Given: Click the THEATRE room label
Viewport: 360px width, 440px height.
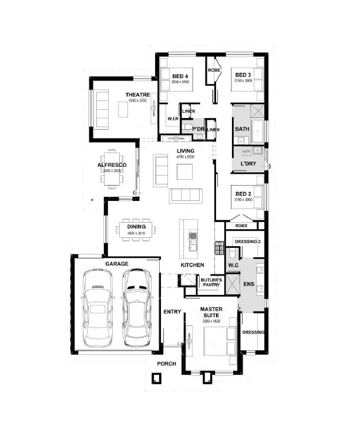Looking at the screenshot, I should point(137,95).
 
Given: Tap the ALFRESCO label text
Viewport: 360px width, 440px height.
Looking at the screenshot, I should point(112,165).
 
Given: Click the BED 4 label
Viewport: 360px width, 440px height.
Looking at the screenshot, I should point(180,76).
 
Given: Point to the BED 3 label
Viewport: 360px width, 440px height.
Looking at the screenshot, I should point(243,75).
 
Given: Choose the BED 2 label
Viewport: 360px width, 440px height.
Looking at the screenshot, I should point(243,194).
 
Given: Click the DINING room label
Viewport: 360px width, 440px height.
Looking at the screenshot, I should point(136,227).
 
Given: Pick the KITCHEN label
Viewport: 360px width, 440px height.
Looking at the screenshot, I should point(192,265).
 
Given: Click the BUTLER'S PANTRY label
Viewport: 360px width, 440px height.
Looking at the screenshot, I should point(211,283).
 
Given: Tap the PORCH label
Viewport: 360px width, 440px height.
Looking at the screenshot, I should point(166,364).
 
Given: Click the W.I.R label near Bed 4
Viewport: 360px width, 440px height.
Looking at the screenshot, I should point(173,118).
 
